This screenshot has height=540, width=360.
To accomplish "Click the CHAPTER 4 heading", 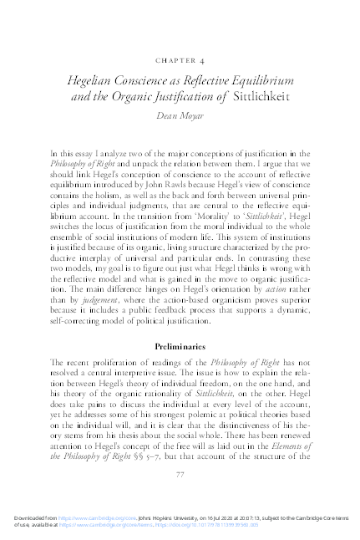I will [x=180, y=61].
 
